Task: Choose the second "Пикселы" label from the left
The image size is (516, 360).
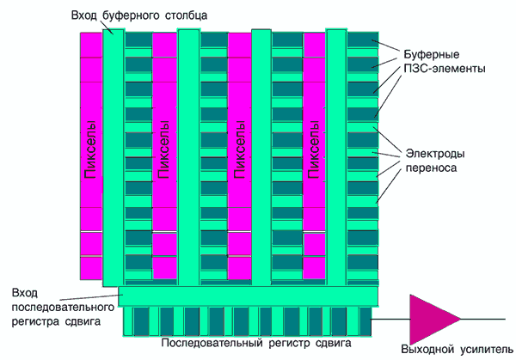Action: pos(163,151)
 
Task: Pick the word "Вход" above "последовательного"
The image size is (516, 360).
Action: pos(25,292)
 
